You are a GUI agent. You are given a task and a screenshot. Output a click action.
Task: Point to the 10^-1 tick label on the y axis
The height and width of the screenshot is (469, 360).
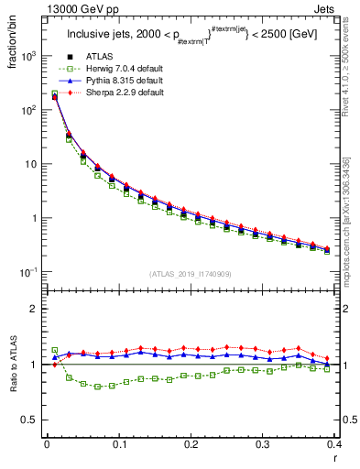point(28,273)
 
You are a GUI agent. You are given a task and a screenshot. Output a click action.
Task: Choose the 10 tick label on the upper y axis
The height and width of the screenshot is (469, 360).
point(31,165)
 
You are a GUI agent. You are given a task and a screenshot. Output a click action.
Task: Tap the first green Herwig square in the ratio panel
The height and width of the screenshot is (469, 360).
point(54,350)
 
